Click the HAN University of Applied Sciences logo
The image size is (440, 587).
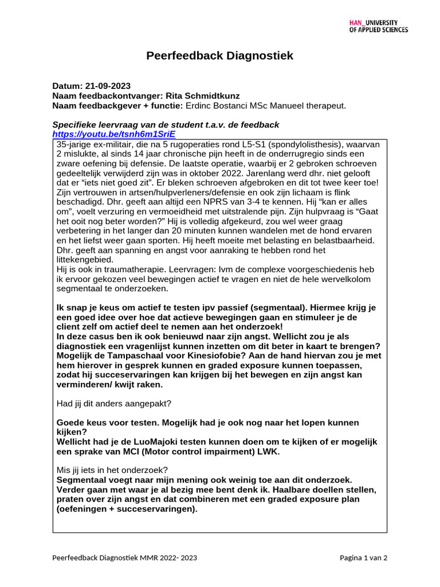tap(378, 26)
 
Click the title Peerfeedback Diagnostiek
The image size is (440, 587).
tap(219, 56)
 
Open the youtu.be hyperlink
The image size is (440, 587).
tap(113, 134)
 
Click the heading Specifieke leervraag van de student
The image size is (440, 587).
tap(166, 124)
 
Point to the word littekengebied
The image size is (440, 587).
tap(85, 260)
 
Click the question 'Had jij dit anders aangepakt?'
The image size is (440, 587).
tap(113, 404)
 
